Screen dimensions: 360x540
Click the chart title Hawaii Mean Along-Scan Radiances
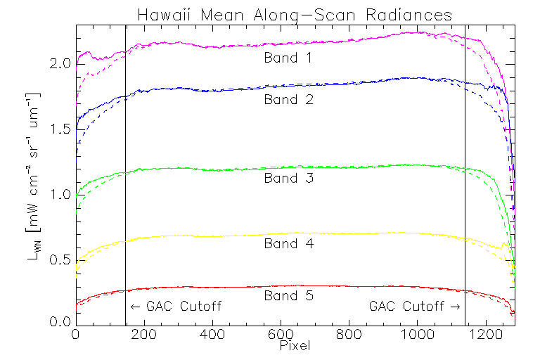click(294, 15)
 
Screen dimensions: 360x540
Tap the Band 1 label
click(288, 58)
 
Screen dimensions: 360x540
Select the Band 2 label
click(288, 99)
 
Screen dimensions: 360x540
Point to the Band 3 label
click(288, 178)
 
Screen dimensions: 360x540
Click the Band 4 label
click(288, 243)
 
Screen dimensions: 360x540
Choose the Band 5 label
click(288, 296)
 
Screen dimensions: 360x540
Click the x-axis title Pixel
click(295, 346)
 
